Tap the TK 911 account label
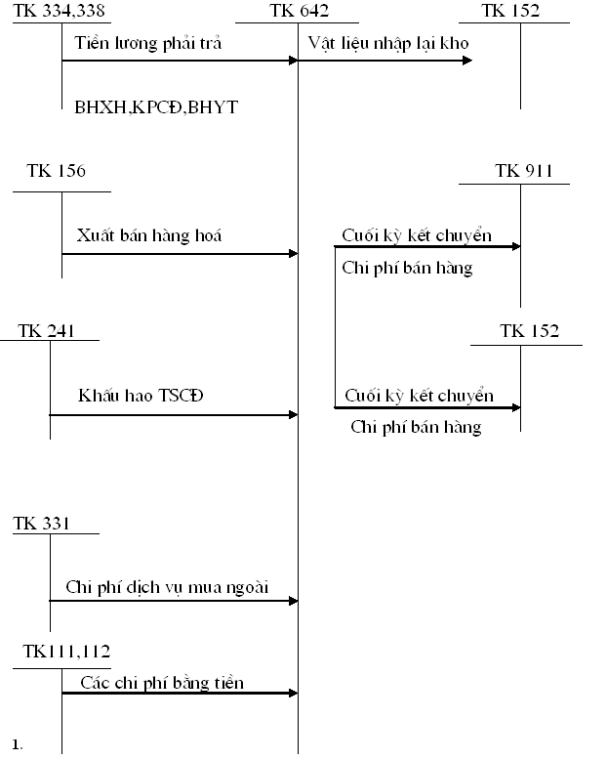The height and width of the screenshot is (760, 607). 524,171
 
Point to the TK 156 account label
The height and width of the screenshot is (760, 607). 56,171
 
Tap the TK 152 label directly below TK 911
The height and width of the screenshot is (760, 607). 529,331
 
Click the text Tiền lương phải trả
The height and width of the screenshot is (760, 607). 148,43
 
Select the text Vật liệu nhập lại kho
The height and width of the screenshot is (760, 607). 388,43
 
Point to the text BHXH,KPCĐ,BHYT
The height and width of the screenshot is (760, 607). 155,107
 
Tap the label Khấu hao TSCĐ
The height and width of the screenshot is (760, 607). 141,396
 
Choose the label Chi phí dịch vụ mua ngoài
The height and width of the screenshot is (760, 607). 167,586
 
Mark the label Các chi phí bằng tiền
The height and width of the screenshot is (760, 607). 162,682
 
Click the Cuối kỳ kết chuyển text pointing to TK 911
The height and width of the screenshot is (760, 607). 417,235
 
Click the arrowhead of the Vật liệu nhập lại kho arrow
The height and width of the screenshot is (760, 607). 468,61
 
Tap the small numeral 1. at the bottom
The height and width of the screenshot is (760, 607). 18,745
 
